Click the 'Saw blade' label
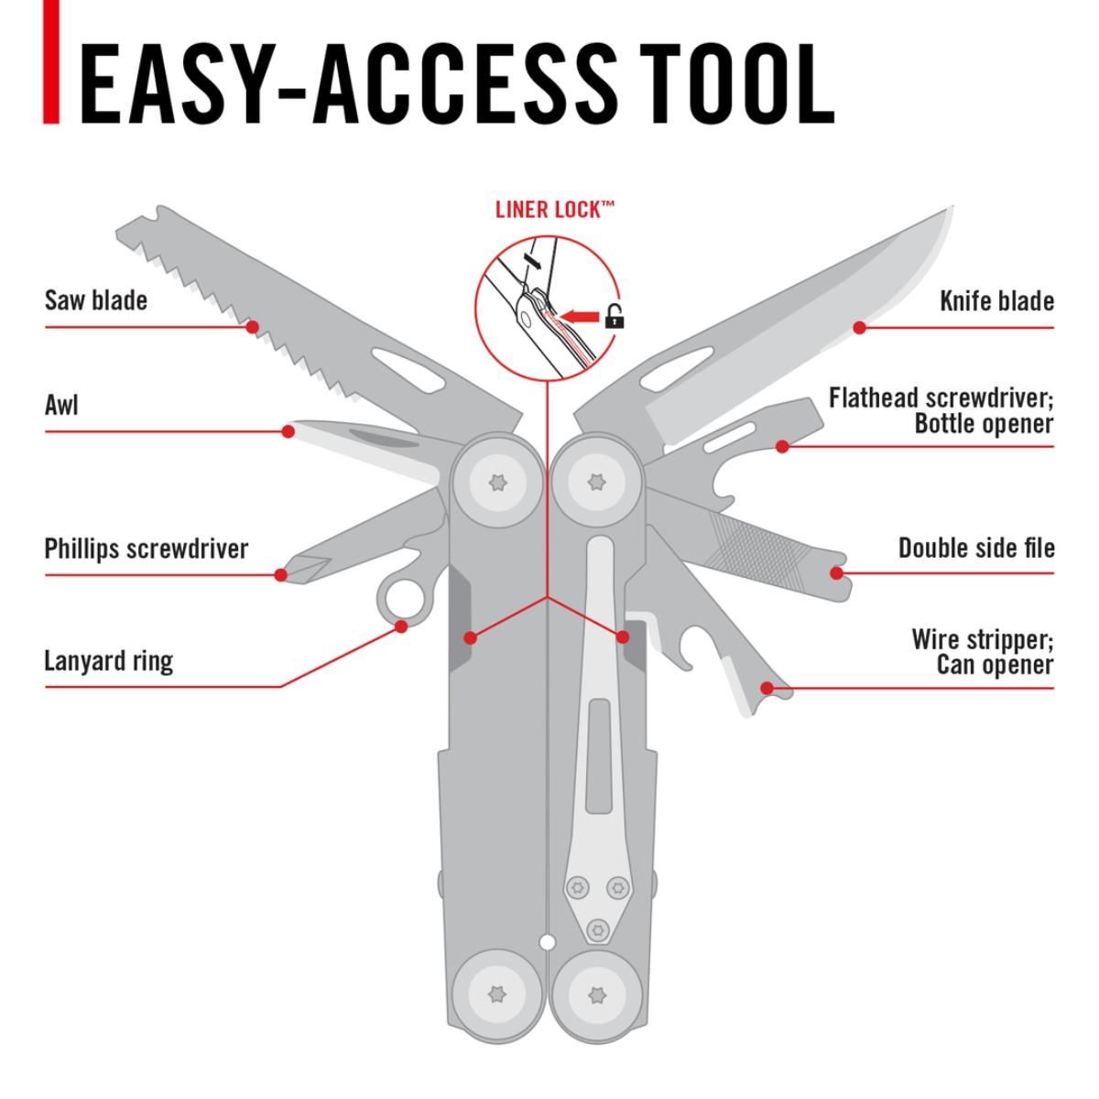[x=95, y=300]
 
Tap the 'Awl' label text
[x=61, y=404]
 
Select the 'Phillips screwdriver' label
[x=147, y=549]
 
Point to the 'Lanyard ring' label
[x=108, y=660]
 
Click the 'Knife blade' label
[x=996, y=300]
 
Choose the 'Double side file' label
[x=976, y=549]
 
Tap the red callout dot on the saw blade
[x=253, y=325]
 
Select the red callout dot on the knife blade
[x=859, y=326]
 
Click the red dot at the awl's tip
[x=288, y=430]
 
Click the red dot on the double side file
[x=835, y=573]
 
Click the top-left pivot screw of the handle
[x=497, y=482]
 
